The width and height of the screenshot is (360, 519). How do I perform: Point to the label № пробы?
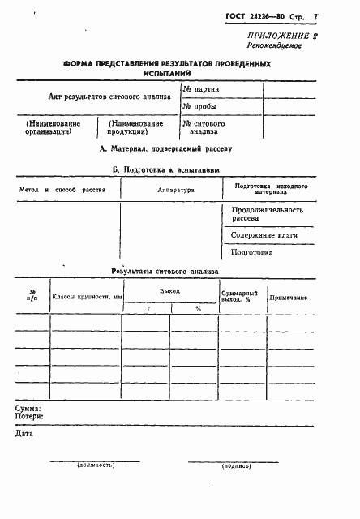point(199,107)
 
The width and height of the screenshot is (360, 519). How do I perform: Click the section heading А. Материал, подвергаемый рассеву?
point(165,149)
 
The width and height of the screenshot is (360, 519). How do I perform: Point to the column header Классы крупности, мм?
point(87,298)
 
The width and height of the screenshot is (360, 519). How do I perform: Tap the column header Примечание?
point(288,298)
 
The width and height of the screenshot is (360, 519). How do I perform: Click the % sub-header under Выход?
point(197,309)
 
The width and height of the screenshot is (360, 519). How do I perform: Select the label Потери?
point(28,416)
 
